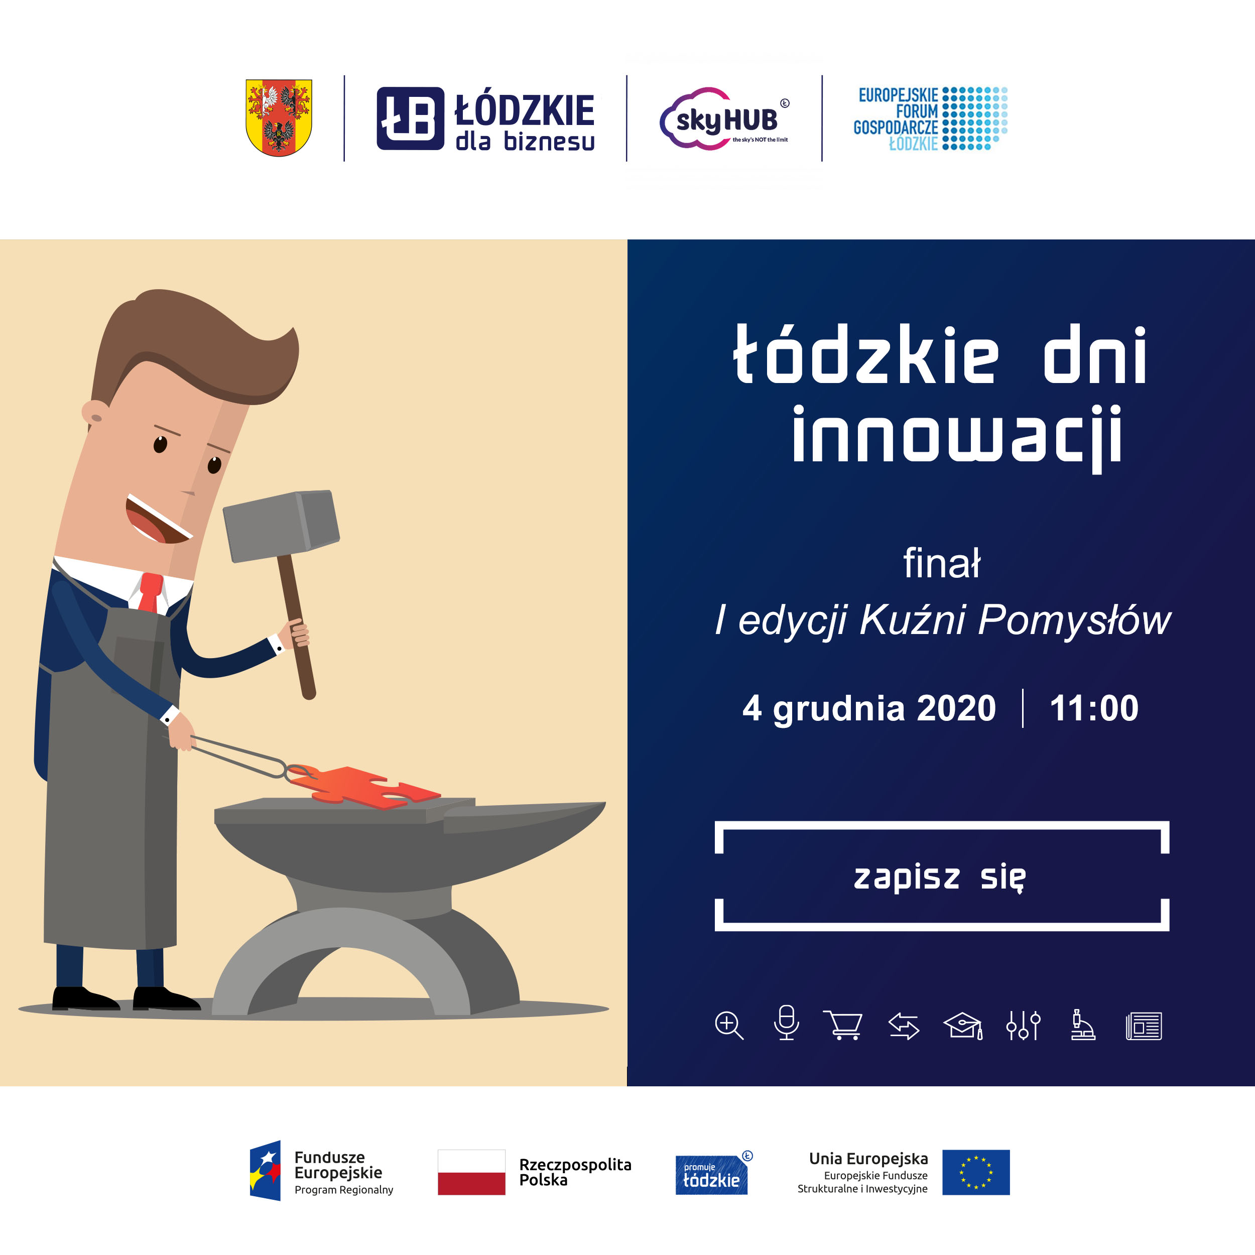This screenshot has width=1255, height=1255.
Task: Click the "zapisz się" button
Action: [x=941, y=876]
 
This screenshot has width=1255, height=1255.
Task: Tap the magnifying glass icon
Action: [x=728, y=1026]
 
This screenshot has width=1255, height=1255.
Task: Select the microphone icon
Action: [x=786, y=1023]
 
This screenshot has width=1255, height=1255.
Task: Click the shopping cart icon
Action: [x=843, y=1025]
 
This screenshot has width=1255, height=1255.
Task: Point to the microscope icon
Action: [x=1082, y=1025]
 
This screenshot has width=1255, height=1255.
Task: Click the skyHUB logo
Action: [x=724, y=119]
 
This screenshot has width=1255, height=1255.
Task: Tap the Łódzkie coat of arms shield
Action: [x=279, y=117]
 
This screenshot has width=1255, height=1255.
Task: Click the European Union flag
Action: [x=976, y=1173]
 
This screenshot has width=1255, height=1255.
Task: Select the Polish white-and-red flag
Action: [x=471, y=1173]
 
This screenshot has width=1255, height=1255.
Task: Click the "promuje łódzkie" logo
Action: [x=713, y=1175]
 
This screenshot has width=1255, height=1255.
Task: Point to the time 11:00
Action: [x=1094, y=708]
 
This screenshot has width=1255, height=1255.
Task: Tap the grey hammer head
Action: [x=281, y=526]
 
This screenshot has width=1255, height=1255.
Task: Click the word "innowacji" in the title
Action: [x=957, y=435]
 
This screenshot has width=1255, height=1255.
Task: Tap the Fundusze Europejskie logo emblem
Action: [x=265, y=1171]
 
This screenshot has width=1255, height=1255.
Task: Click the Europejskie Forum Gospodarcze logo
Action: [x=930, y=119]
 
